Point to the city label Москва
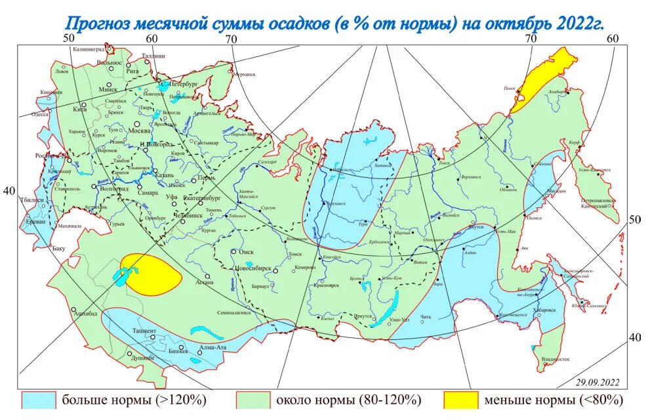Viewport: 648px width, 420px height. [138, 130]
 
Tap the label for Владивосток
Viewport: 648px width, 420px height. [556, 360]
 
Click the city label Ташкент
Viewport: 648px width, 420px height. [144, 331]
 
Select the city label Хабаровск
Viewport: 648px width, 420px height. [542, 310]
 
